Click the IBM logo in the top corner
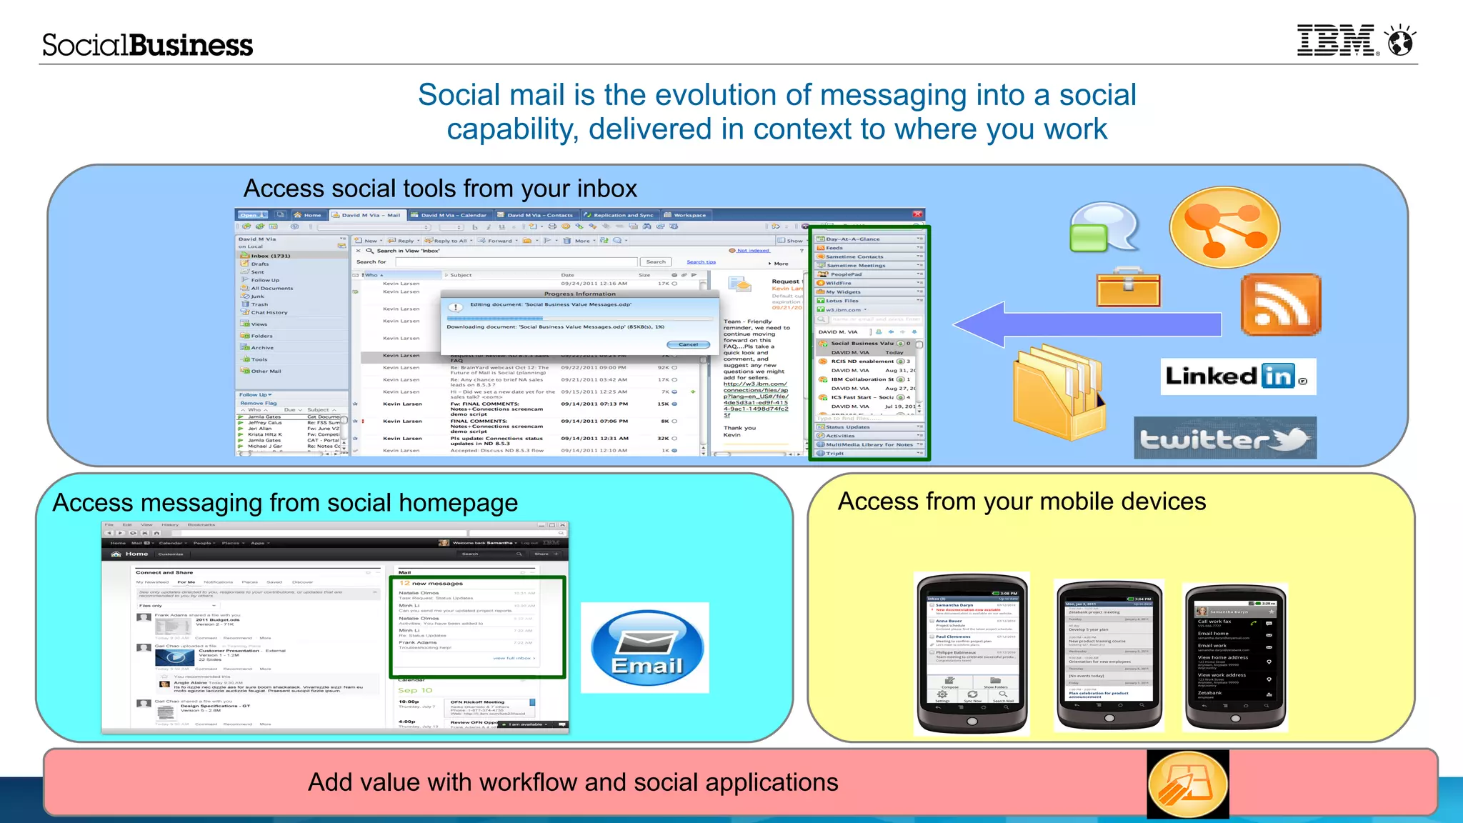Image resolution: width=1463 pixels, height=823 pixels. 1336,41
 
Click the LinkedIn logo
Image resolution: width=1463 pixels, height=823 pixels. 1237,376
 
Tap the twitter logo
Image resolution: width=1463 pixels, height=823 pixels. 1224,438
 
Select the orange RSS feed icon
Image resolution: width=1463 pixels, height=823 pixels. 1281,304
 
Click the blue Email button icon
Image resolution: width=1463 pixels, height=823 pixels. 646,648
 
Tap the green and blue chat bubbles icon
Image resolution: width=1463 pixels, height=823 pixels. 1103,227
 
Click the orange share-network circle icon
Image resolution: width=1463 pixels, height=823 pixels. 1224,227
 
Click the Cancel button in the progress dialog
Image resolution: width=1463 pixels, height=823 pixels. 688,344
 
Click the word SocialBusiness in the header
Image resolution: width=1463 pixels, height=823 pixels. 147,45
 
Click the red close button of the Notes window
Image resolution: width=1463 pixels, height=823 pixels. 917,214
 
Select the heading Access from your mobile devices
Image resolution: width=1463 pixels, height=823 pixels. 1022,502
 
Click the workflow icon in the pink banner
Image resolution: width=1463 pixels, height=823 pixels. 1187,784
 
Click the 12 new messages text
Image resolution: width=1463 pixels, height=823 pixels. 431,583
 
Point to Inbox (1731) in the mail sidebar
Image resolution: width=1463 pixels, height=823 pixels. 270,256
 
